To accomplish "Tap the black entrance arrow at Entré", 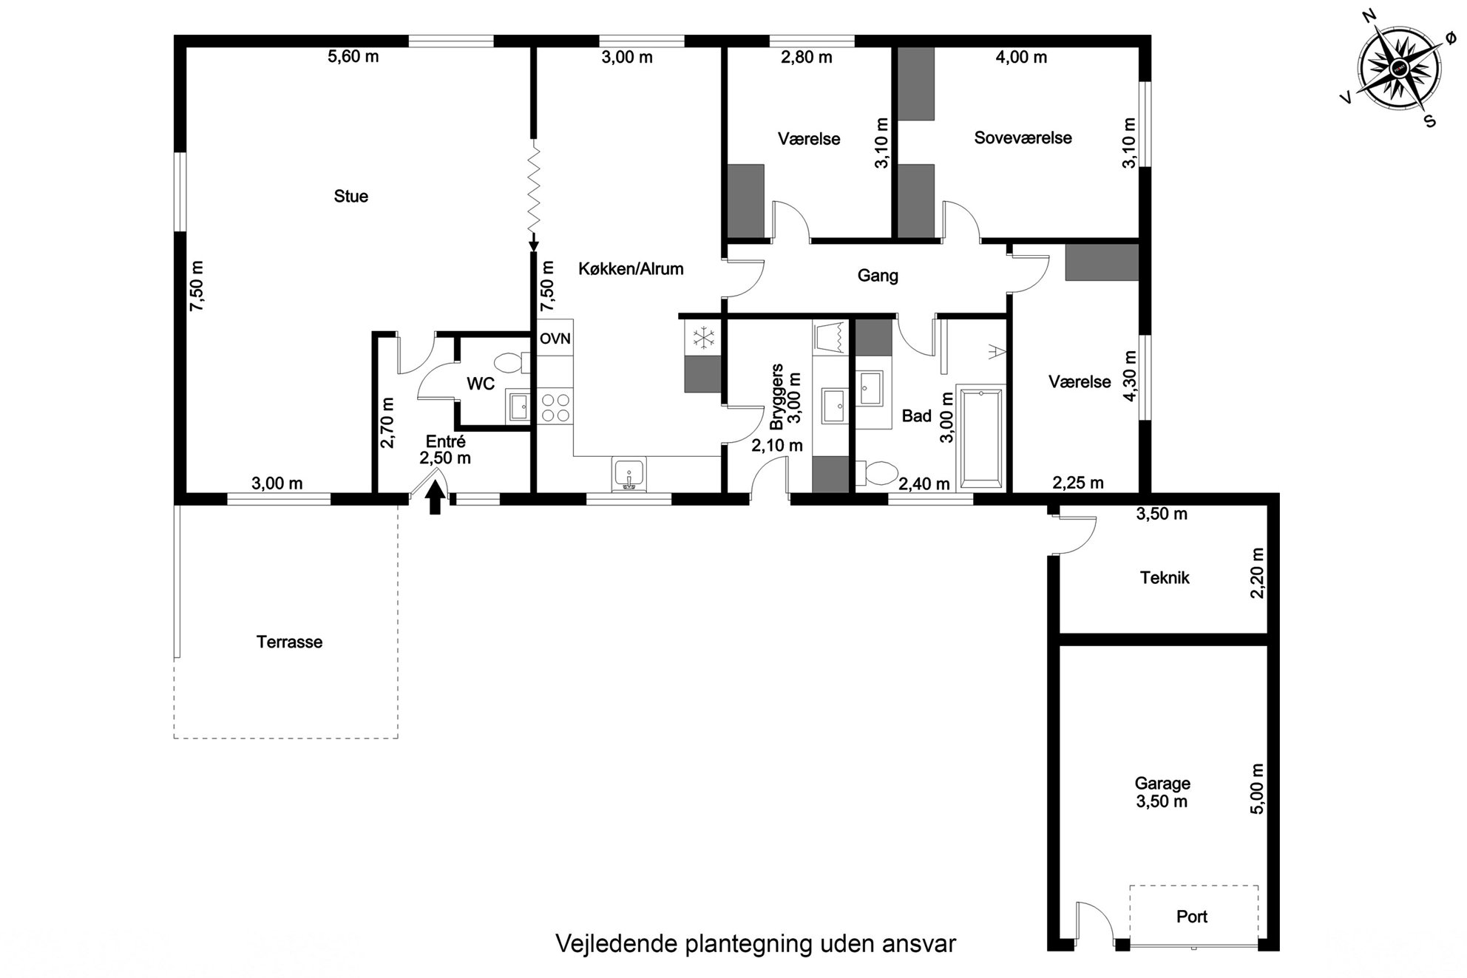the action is click(x=435, y=498).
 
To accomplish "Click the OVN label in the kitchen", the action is click(x=555, y=339).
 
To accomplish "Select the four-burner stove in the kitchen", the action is click(x=555, y=407).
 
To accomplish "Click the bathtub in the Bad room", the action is click(x=981, y=438).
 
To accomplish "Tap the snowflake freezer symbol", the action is click(x=703, y=339).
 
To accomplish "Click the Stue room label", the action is click(x=350, y=196).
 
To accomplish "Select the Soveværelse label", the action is click(x=1023, y=137).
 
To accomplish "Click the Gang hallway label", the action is click(x=878, y=276).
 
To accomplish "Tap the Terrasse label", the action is click(x=289, y=642).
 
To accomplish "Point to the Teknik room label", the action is click(x=1165, y=577).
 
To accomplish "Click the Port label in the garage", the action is click(x=1191, y=917).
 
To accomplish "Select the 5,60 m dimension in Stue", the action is click(x=353, y=56).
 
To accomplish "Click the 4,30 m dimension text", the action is click(x=1129, y=375).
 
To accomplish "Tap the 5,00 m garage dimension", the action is click(x=1257, y=789).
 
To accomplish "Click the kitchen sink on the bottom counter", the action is click(x=629, y=474).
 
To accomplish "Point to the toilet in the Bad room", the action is click(x=877, y=474).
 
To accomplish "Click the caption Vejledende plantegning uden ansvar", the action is click(x=756, y=944).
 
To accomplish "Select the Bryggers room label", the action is click(x=776, y=397).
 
